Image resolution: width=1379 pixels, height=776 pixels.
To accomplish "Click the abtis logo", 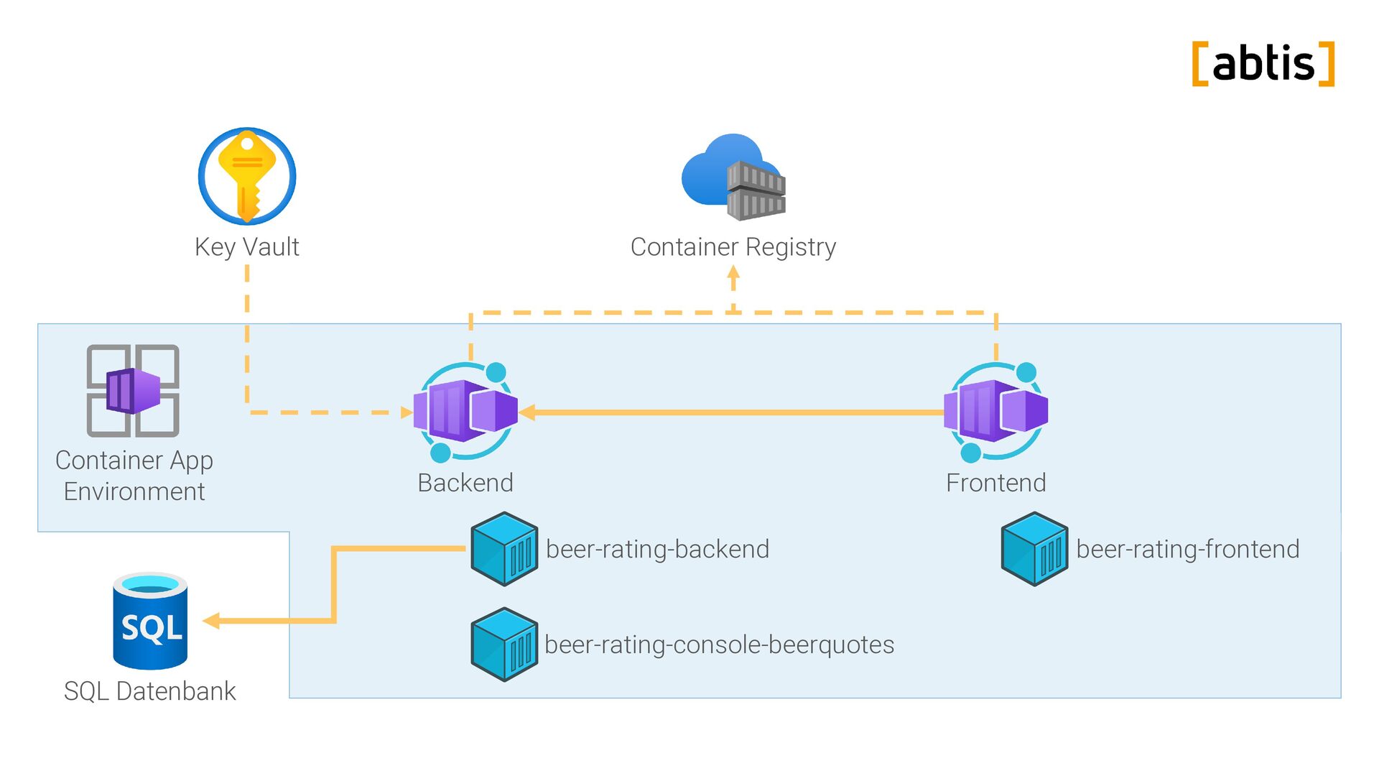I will coord(1263,64).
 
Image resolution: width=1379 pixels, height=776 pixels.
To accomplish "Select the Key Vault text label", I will coord(247,246).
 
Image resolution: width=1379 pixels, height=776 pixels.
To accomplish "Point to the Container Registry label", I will coord(733,246).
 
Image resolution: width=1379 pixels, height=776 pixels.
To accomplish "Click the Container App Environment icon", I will coord(133,390).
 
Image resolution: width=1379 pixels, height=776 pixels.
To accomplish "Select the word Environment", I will coord(134,491).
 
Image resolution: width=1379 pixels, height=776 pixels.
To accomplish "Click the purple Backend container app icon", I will coord(465,411).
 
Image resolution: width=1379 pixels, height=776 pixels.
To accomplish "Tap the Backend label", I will coord(465,483).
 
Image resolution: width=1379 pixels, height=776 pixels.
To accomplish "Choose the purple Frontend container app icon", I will coord(995,411).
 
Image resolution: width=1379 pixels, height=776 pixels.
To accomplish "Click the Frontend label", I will coord(995,483).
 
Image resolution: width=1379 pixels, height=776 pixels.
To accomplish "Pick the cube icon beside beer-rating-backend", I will coord(504,549).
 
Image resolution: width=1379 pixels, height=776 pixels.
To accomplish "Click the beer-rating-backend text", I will coord(657,549).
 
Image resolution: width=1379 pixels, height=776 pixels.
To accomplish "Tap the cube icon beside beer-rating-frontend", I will coord(1034,549).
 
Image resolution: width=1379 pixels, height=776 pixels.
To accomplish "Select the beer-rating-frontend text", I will coord(1187,549).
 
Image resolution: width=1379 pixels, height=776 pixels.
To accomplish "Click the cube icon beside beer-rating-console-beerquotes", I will coord(504,645).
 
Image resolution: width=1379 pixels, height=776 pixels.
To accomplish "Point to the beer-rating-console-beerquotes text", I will coord(719,645).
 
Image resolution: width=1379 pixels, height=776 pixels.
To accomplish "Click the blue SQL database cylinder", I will coord(150,621).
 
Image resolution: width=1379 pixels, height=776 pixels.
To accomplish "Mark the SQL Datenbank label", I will coord(150,691).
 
